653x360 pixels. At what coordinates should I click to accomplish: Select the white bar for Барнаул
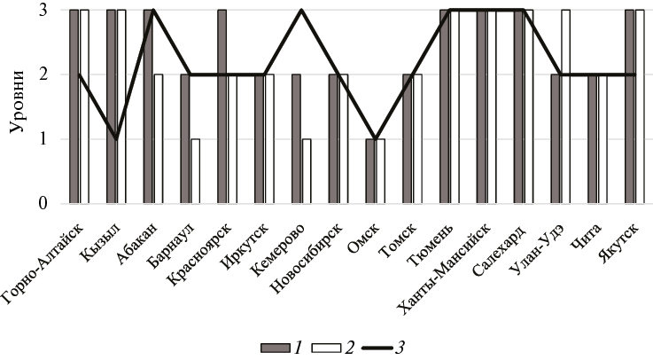(196, 171)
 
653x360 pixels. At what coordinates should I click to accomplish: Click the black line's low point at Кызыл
(116, 138)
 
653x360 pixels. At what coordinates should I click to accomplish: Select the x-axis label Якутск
(618, 238)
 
